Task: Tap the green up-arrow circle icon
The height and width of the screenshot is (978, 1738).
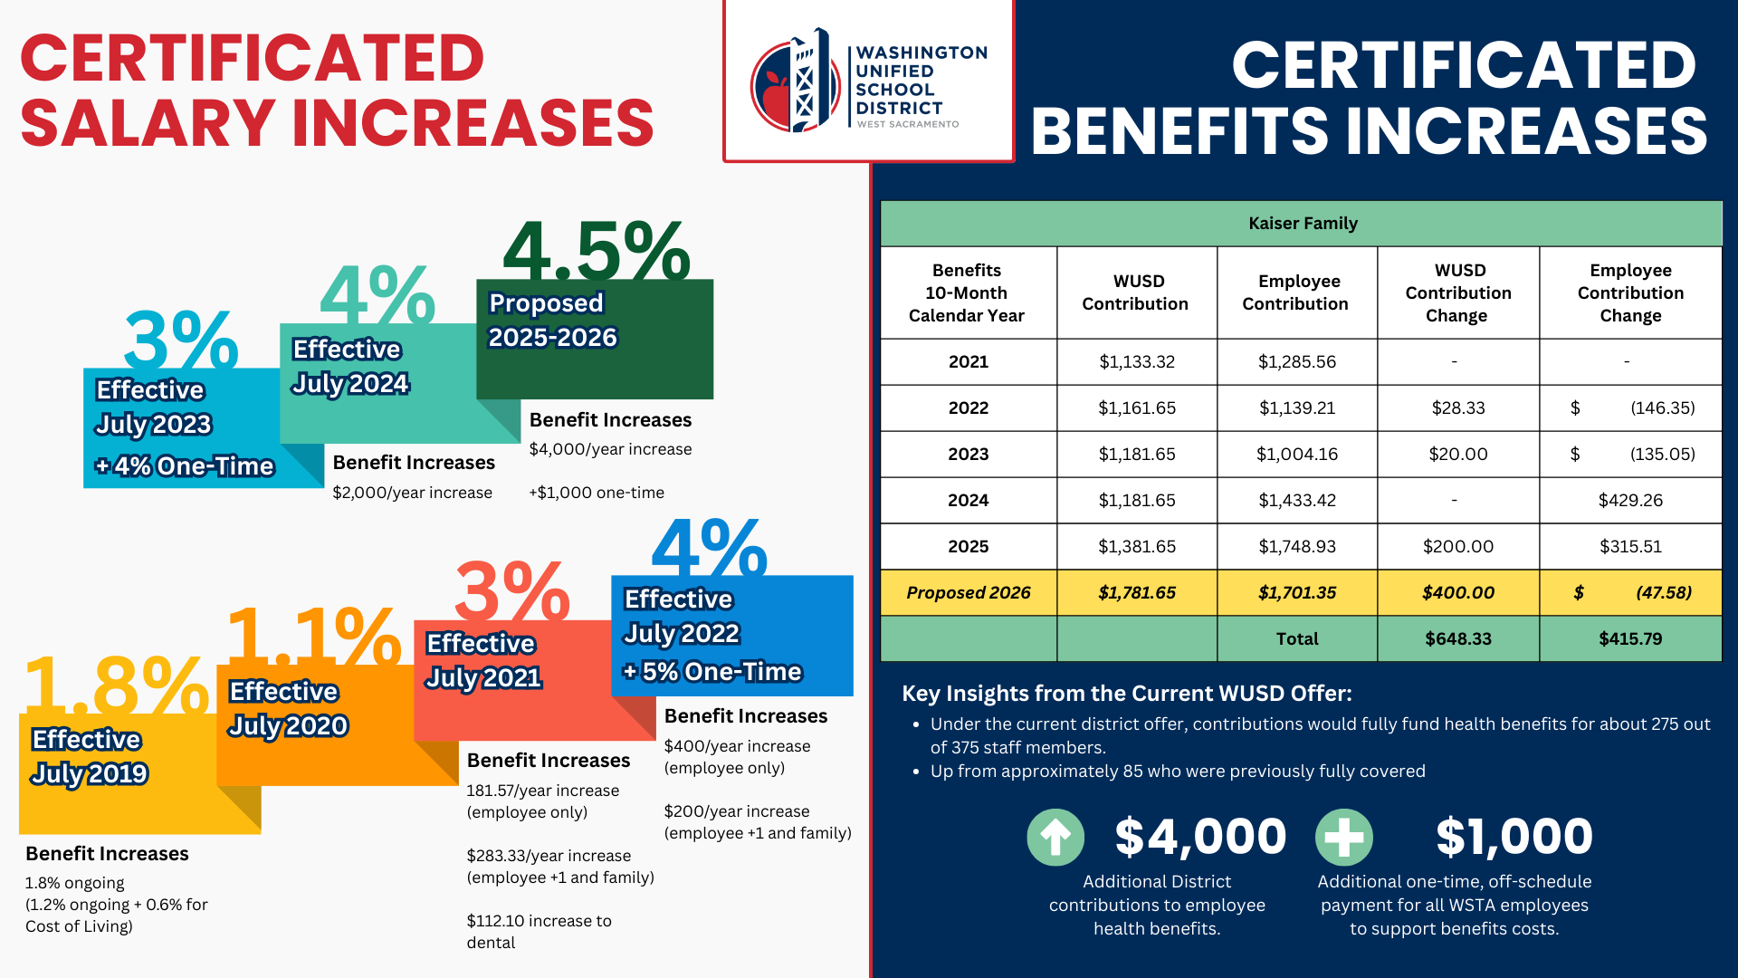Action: tap(1055, 837)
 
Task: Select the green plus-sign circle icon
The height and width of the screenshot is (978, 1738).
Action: tap(1344, 837)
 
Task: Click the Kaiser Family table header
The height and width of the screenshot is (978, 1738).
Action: tap(1302, 223)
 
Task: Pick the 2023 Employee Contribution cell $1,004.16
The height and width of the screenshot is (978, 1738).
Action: tap(1296, 454)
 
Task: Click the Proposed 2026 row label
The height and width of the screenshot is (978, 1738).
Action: tap(968, 592)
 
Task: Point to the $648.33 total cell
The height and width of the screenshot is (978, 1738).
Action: tap(1457, 638)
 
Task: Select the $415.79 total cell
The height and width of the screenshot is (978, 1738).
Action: tap(1629, 638)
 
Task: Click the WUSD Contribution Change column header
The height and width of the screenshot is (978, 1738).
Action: tap(1457, 292)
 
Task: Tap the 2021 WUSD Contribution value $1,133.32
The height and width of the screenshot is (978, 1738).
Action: tap(1137, 361)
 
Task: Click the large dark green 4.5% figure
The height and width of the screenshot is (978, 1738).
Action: tap(596, 252)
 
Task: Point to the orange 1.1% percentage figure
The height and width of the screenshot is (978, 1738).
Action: tap(313, 636)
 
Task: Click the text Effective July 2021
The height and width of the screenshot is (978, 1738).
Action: tap(483, 660)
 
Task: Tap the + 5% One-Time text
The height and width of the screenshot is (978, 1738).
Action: tap(711, 671)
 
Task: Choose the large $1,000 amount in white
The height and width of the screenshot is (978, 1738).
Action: tap(1514, 836)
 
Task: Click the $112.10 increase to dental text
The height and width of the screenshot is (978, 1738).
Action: tap(539, 931)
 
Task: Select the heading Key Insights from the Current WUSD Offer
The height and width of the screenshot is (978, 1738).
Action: tap(1126, 693)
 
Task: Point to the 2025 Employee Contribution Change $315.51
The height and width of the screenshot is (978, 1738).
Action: tap(1629, 546)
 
